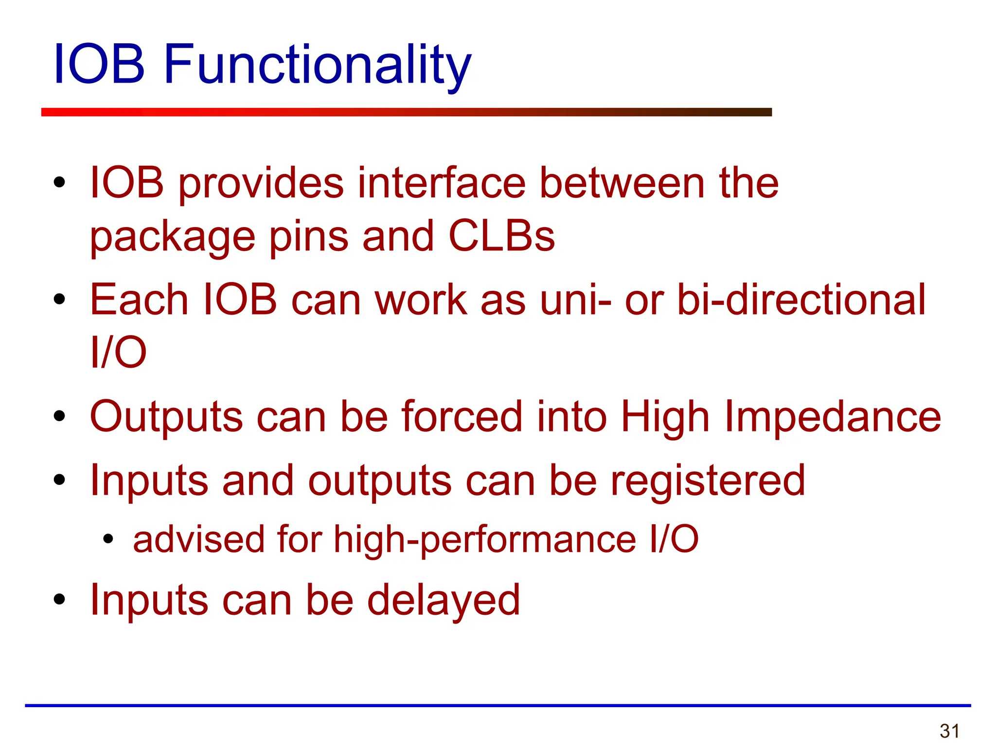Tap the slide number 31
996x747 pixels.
(x=949, y=731)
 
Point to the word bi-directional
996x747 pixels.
(x=801, y=300)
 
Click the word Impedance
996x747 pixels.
(x=833, y=417)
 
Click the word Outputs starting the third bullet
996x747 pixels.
(x=166, y=418)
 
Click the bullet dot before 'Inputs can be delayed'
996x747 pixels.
(x=59, y=599)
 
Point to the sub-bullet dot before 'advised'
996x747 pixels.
(x=108, y=539)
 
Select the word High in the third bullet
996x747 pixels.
(x=665, y=418)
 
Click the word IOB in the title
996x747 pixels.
(x=99, y=65)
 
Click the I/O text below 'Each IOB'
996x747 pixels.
(x=118, y=352)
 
